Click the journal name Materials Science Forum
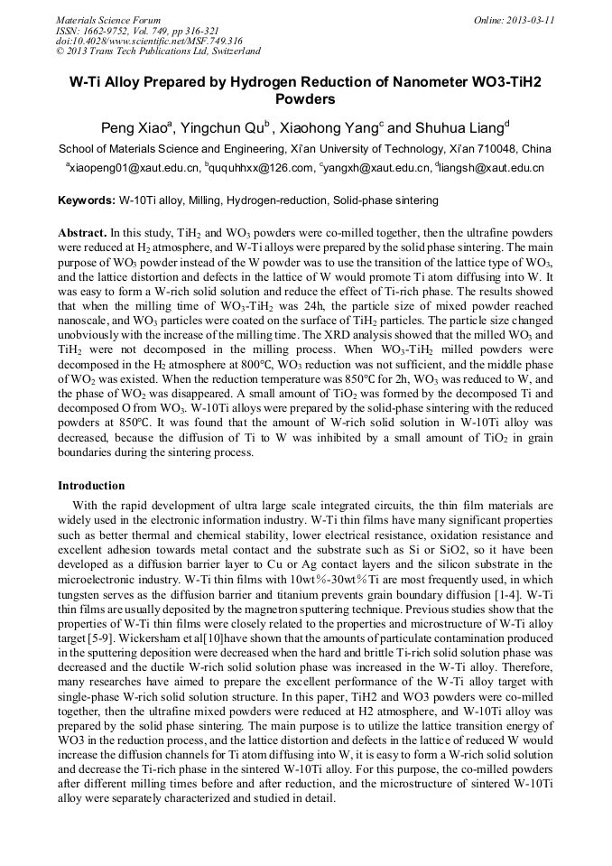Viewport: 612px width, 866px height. (108, 20)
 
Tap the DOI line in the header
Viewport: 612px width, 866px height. (149, 41)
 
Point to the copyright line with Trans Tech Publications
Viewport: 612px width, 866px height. (158, 51)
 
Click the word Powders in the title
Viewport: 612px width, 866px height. (305, 99)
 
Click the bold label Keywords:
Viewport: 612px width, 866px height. (87, 200)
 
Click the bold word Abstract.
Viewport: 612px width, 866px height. (84, 232)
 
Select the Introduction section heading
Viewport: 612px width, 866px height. (91, 485)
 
